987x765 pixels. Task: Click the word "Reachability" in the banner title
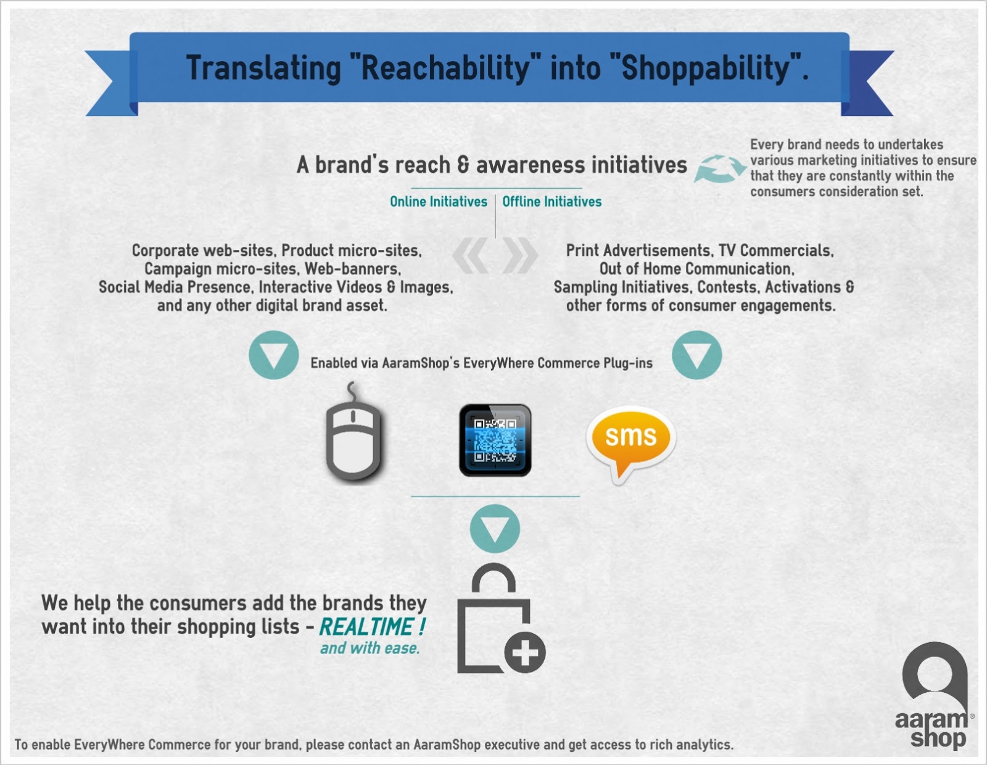coord(445,68)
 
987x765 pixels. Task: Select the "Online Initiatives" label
coord(439,201)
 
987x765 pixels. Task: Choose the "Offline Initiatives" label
coord(552,201)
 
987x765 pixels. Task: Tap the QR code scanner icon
coord(495,440)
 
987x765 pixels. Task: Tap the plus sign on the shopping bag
coord(525,652)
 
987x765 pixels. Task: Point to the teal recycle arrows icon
coord(720,168)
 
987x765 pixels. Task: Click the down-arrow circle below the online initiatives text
coord(273,355)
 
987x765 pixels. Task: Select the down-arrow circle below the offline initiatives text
coord(696,355)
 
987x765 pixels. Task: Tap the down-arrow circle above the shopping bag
coord(495,528)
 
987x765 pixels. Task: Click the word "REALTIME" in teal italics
coord(366,627)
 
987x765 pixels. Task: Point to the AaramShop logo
coord(934,695)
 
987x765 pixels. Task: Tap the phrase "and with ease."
coord(370,648)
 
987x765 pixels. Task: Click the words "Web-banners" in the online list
coord(352,269)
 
